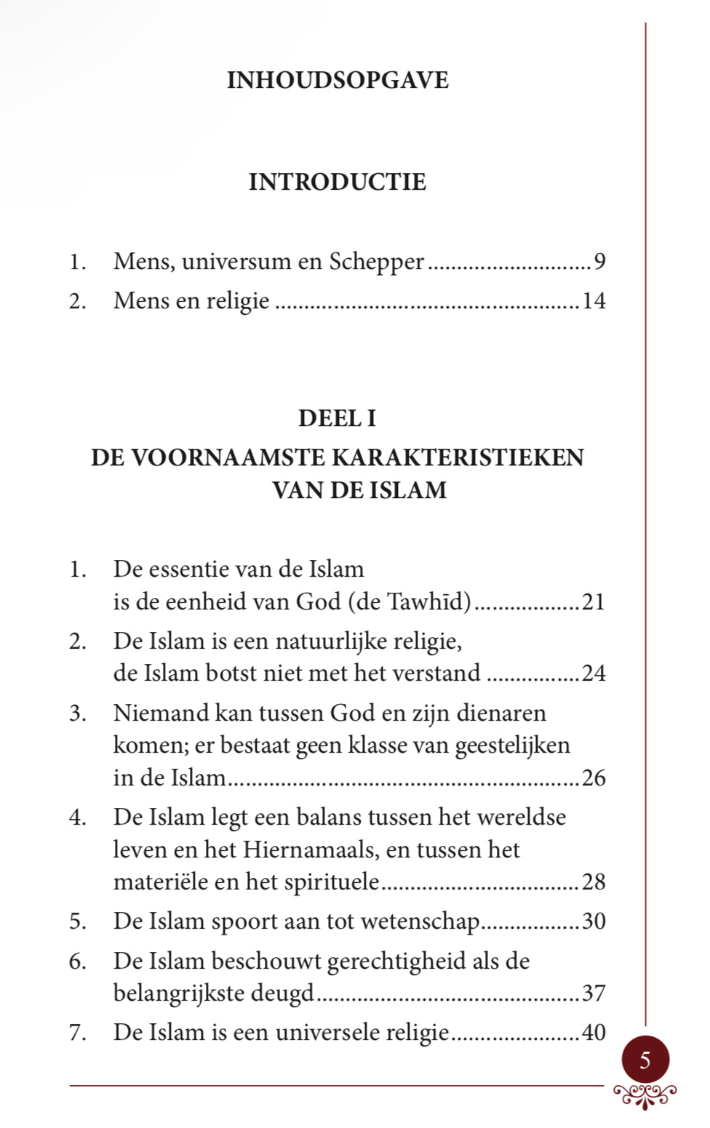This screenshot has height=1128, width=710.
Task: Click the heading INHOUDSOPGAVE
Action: coord(338,80)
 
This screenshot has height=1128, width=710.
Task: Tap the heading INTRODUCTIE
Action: coord(338,182)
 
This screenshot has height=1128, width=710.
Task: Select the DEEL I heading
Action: coord(337,418)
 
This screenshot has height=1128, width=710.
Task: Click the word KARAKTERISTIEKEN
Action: coord(458,457)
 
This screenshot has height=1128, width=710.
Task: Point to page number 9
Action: coord(599,261)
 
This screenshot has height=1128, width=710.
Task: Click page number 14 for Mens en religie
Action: coord(594,300)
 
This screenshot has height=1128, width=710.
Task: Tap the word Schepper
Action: coord(376,261)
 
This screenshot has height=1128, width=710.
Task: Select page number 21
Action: coord(594,601)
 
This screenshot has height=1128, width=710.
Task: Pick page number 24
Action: coord(594,673)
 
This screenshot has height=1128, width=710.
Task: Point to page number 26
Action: coord(594,777)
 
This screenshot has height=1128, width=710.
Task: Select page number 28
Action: coord(594,881)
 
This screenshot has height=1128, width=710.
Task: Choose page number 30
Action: coord(594,921)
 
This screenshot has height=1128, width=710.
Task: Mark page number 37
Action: coord(594,993)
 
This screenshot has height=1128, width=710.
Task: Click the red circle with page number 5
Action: coord(645,1060)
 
